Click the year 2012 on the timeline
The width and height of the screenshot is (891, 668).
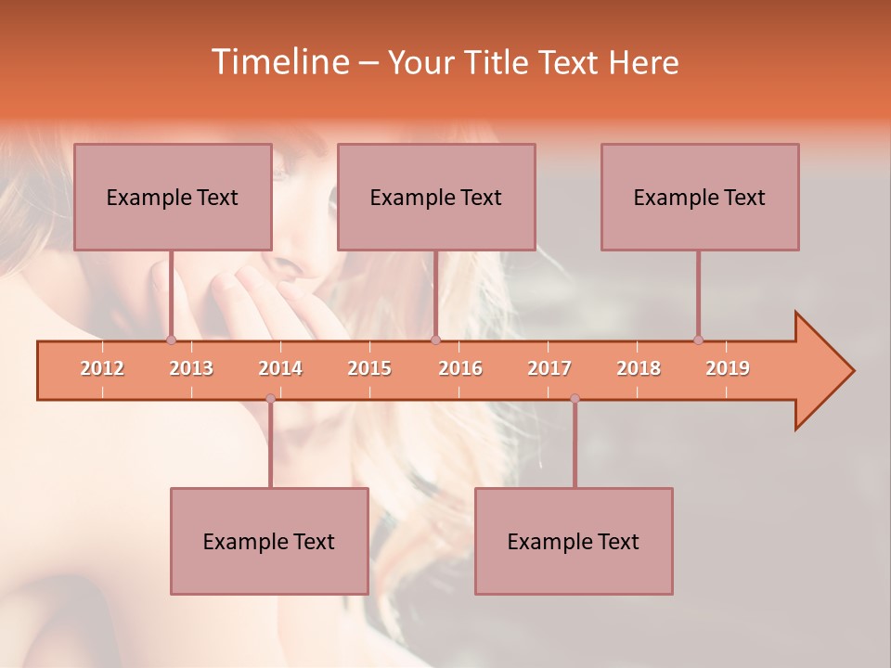(x=102, y=368)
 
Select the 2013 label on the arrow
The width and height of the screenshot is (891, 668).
(x=191, y=368)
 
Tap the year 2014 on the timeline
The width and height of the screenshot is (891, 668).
(x=280, y=368)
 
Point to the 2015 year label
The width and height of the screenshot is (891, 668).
(x=369, y=368)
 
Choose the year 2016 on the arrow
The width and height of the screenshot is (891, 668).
(x=460, y=368)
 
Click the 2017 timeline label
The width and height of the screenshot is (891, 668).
(x=549, y=368)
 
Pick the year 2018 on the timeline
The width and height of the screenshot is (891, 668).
(x=639, y=368)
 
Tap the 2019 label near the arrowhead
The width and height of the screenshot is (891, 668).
(x=728, y=368)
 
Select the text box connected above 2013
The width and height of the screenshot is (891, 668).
(x=173, y=197)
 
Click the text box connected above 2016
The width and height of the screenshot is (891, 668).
(x=436, y=197)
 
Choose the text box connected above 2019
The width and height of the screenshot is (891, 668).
(x=700, y=197)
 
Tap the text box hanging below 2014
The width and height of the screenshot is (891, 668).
(x=269, y=541)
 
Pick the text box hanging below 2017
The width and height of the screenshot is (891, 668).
(x=574, y=541)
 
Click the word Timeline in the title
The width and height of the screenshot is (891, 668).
(x=278, y=62)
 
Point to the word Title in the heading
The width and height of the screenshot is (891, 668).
(x=498, y=63)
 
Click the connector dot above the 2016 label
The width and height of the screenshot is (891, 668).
(x=435, y=340)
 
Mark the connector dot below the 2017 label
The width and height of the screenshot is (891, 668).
(x=575, y=399)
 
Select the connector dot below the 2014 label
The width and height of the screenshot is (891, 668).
(x=270, y=399)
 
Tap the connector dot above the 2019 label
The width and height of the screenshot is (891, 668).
(x=698, y=340)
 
